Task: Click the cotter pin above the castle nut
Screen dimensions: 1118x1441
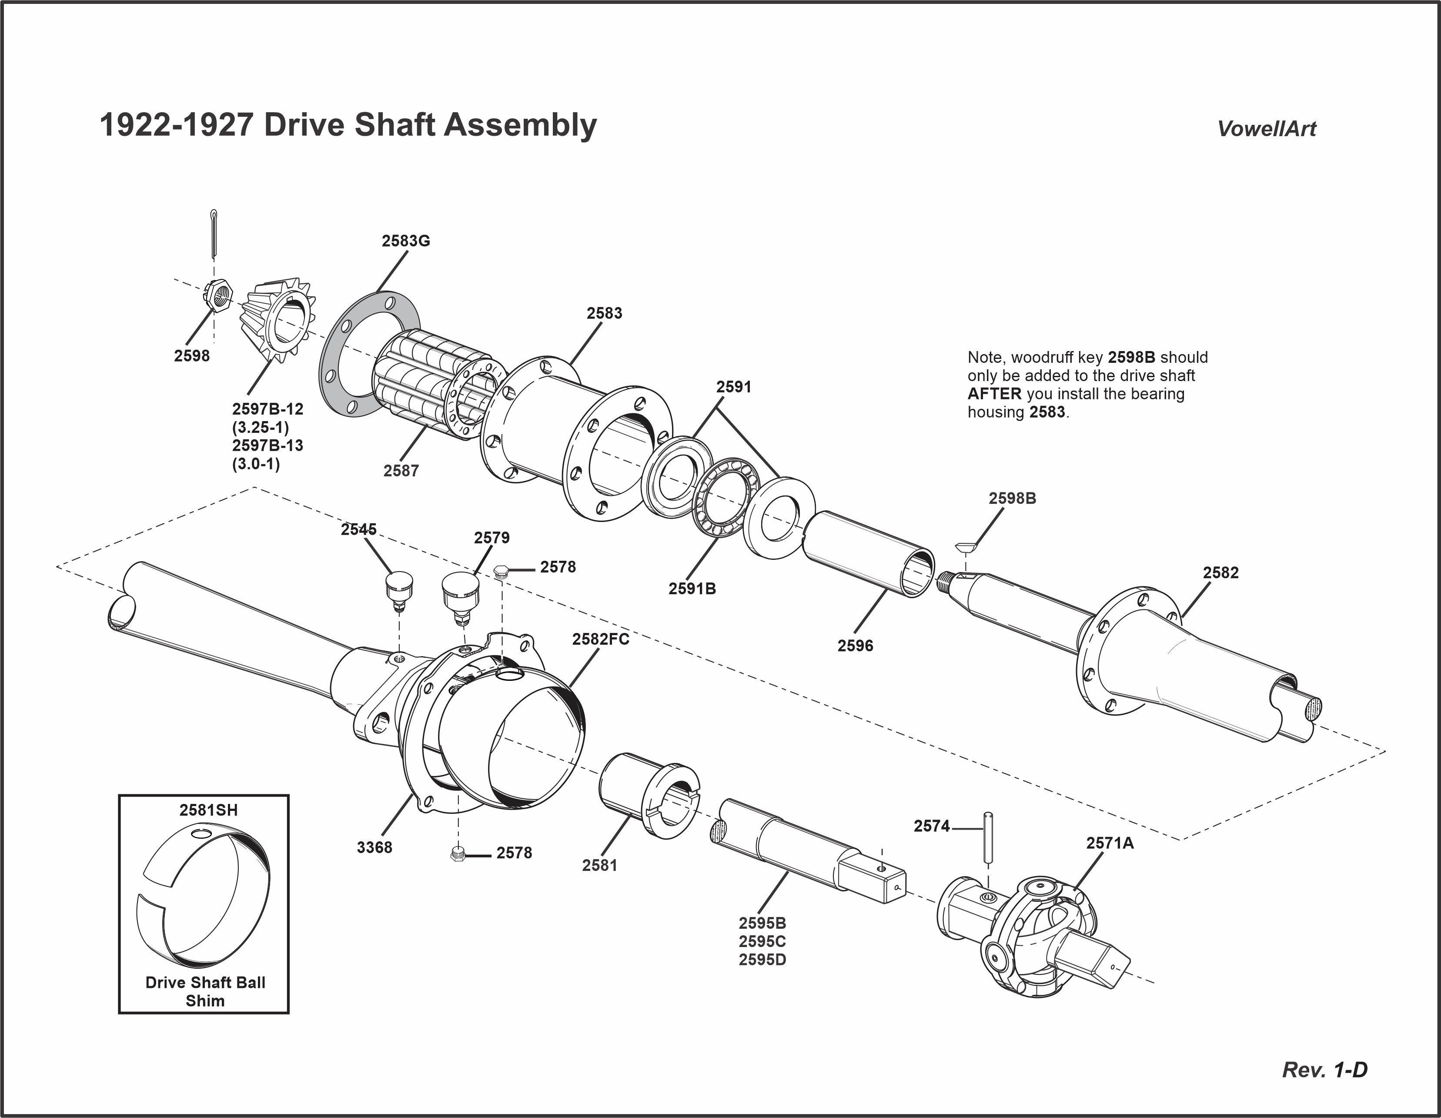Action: click(x=214, y=234)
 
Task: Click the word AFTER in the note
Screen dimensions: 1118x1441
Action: click(x=994, y=394)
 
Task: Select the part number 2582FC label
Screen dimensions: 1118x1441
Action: click(x=600, y=639)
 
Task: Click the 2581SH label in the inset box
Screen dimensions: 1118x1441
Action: click(x=208, y=810)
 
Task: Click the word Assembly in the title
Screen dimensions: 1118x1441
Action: click(x=520, y=125)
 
